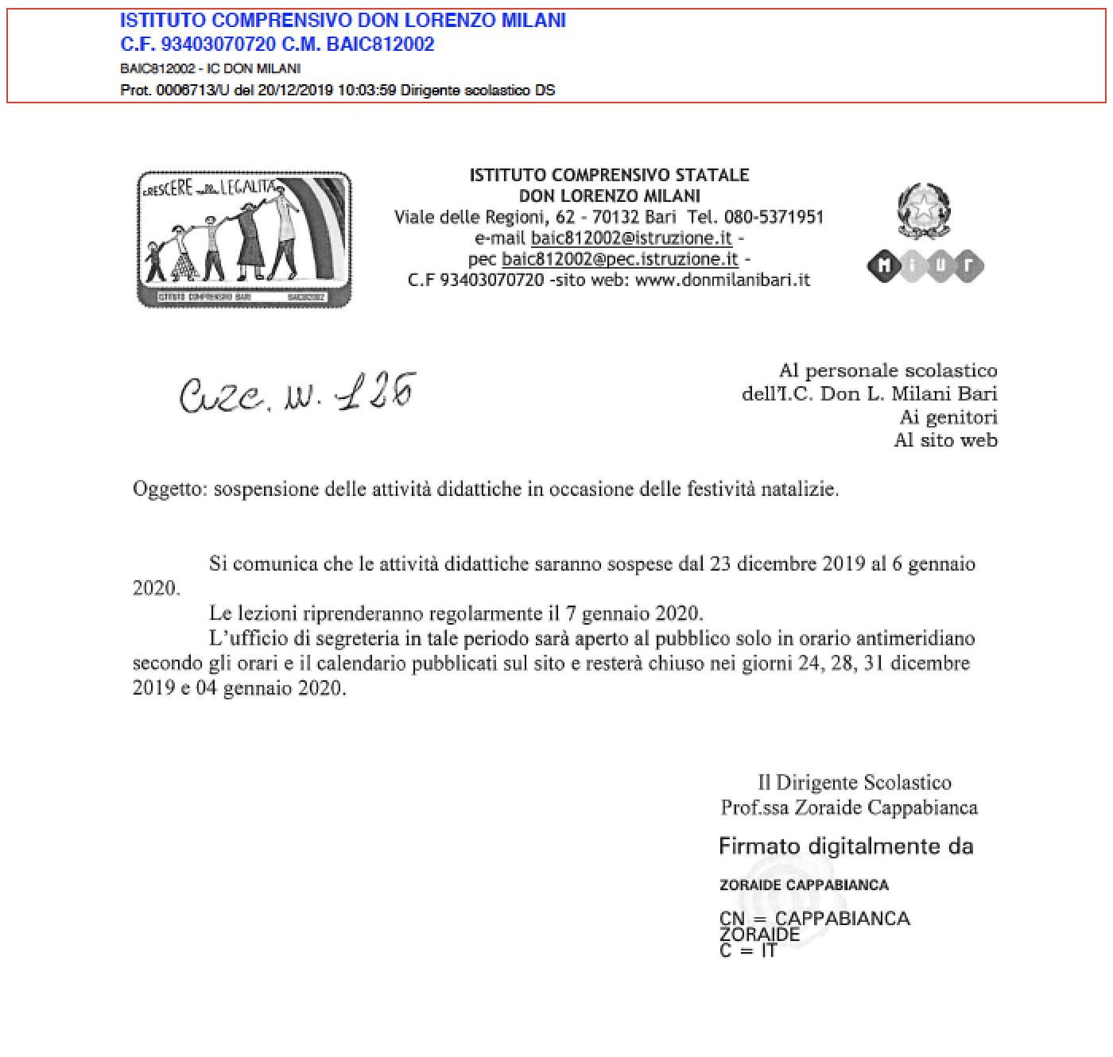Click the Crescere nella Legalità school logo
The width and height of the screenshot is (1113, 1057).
(x=244, y=239)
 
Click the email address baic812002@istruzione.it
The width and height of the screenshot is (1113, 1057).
(x=631, y=238)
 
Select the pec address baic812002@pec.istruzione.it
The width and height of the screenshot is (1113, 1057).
(x=620, y=258)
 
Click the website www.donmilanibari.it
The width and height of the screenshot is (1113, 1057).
(x=723, y=279)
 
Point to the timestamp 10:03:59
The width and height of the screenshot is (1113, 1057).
(x=366, y=90)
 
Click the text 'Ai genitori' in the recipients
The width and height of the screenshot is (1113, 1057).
(x=948, y=416)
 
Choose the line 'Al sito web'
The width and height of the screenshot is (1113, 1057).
(x=945, y=439)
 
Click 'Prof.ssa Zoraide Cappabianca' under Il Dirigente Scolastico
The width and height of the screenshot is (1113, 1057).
(x=849, y=807)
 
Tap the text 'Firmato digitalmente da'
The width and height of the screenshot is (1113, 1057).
(x=846, y=846)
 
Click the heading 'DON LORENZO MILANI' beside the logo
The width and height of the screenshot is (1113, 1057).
(x=609, y=196)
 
